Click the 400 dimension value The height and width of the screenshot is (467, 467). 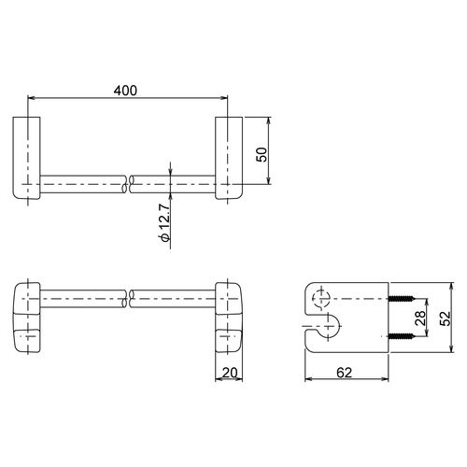point(125,91)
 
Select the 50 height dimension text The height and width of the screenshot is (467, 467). point(262,154)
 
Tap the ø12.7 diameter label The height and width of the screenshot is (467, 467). point(164,223)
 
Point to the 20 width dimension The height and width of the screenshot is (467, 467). point(230,373)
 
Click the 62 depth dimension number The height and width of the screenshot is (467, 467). point(344,373)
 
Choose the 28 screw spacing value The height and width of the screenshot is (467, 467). point(420,318)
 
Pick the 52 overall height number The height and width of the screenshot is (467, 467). point(446,318)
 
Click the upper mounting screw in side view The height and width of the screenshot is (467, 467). point(402,299)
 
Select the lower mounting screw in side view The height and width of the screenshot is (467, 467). point(402,336)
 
